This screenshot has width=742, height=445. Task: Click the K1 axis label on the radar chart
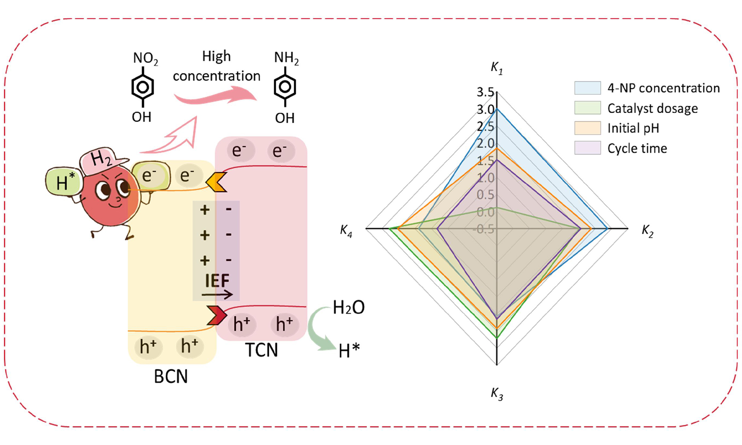point(497,68)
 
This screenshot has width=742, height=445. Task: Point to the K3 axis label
point(497,393)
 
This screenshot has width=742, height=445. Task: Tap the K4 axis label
point(346,231)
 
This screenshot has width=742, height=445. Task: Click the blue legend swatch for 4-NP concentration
point(587,88)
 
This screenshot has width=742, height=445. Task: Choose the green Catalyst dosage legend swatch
point(587,108)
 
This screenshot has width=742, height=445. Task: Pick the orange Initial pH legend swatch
point(587,128)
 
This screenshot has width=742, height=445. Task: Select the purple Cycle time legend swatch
point(587,148)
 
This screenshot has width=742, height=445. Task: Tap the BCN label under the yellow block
point(171,376)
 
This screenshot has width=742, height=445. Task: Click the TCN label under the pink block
point(261,350)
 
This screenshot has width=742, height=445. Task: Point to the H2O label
point(348,307)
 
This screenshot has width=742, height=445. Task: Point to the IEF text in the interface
point(217,281)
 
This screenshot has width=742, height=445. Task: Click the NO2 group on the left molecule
point(145,58)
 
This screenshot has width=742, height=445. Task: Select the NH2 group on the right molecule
point(286,58)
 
